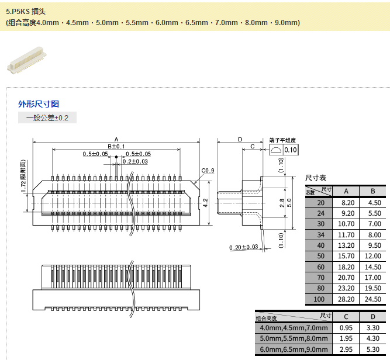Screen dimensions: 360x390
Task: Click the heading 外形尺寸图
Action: click(39, 104)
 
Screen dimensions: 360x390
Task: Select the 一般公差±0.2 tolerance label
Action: click(47, 118)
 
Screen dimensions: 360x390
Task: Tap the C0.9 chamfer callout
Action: click(208, 171)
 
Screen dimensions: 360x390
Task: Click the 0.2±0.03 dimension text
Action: click(135, 161)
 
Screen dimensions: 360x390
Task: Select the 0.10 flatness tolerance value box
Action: click(291, 150)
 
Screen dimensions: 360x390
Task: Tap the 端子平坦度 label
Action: click(282, 141)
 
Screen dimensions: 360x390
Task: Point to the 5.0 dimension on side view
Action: click(289, 202)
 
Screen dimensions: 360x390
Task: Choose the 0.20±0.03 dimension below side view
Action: click(244, 247)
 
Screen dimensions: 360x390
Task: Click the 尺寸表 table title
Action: click(316, 178)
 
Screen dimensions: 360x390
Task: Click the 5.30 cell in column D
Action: click(372, 349)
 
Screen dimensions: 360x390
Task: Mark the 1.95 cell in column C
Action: click(346, 338)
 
